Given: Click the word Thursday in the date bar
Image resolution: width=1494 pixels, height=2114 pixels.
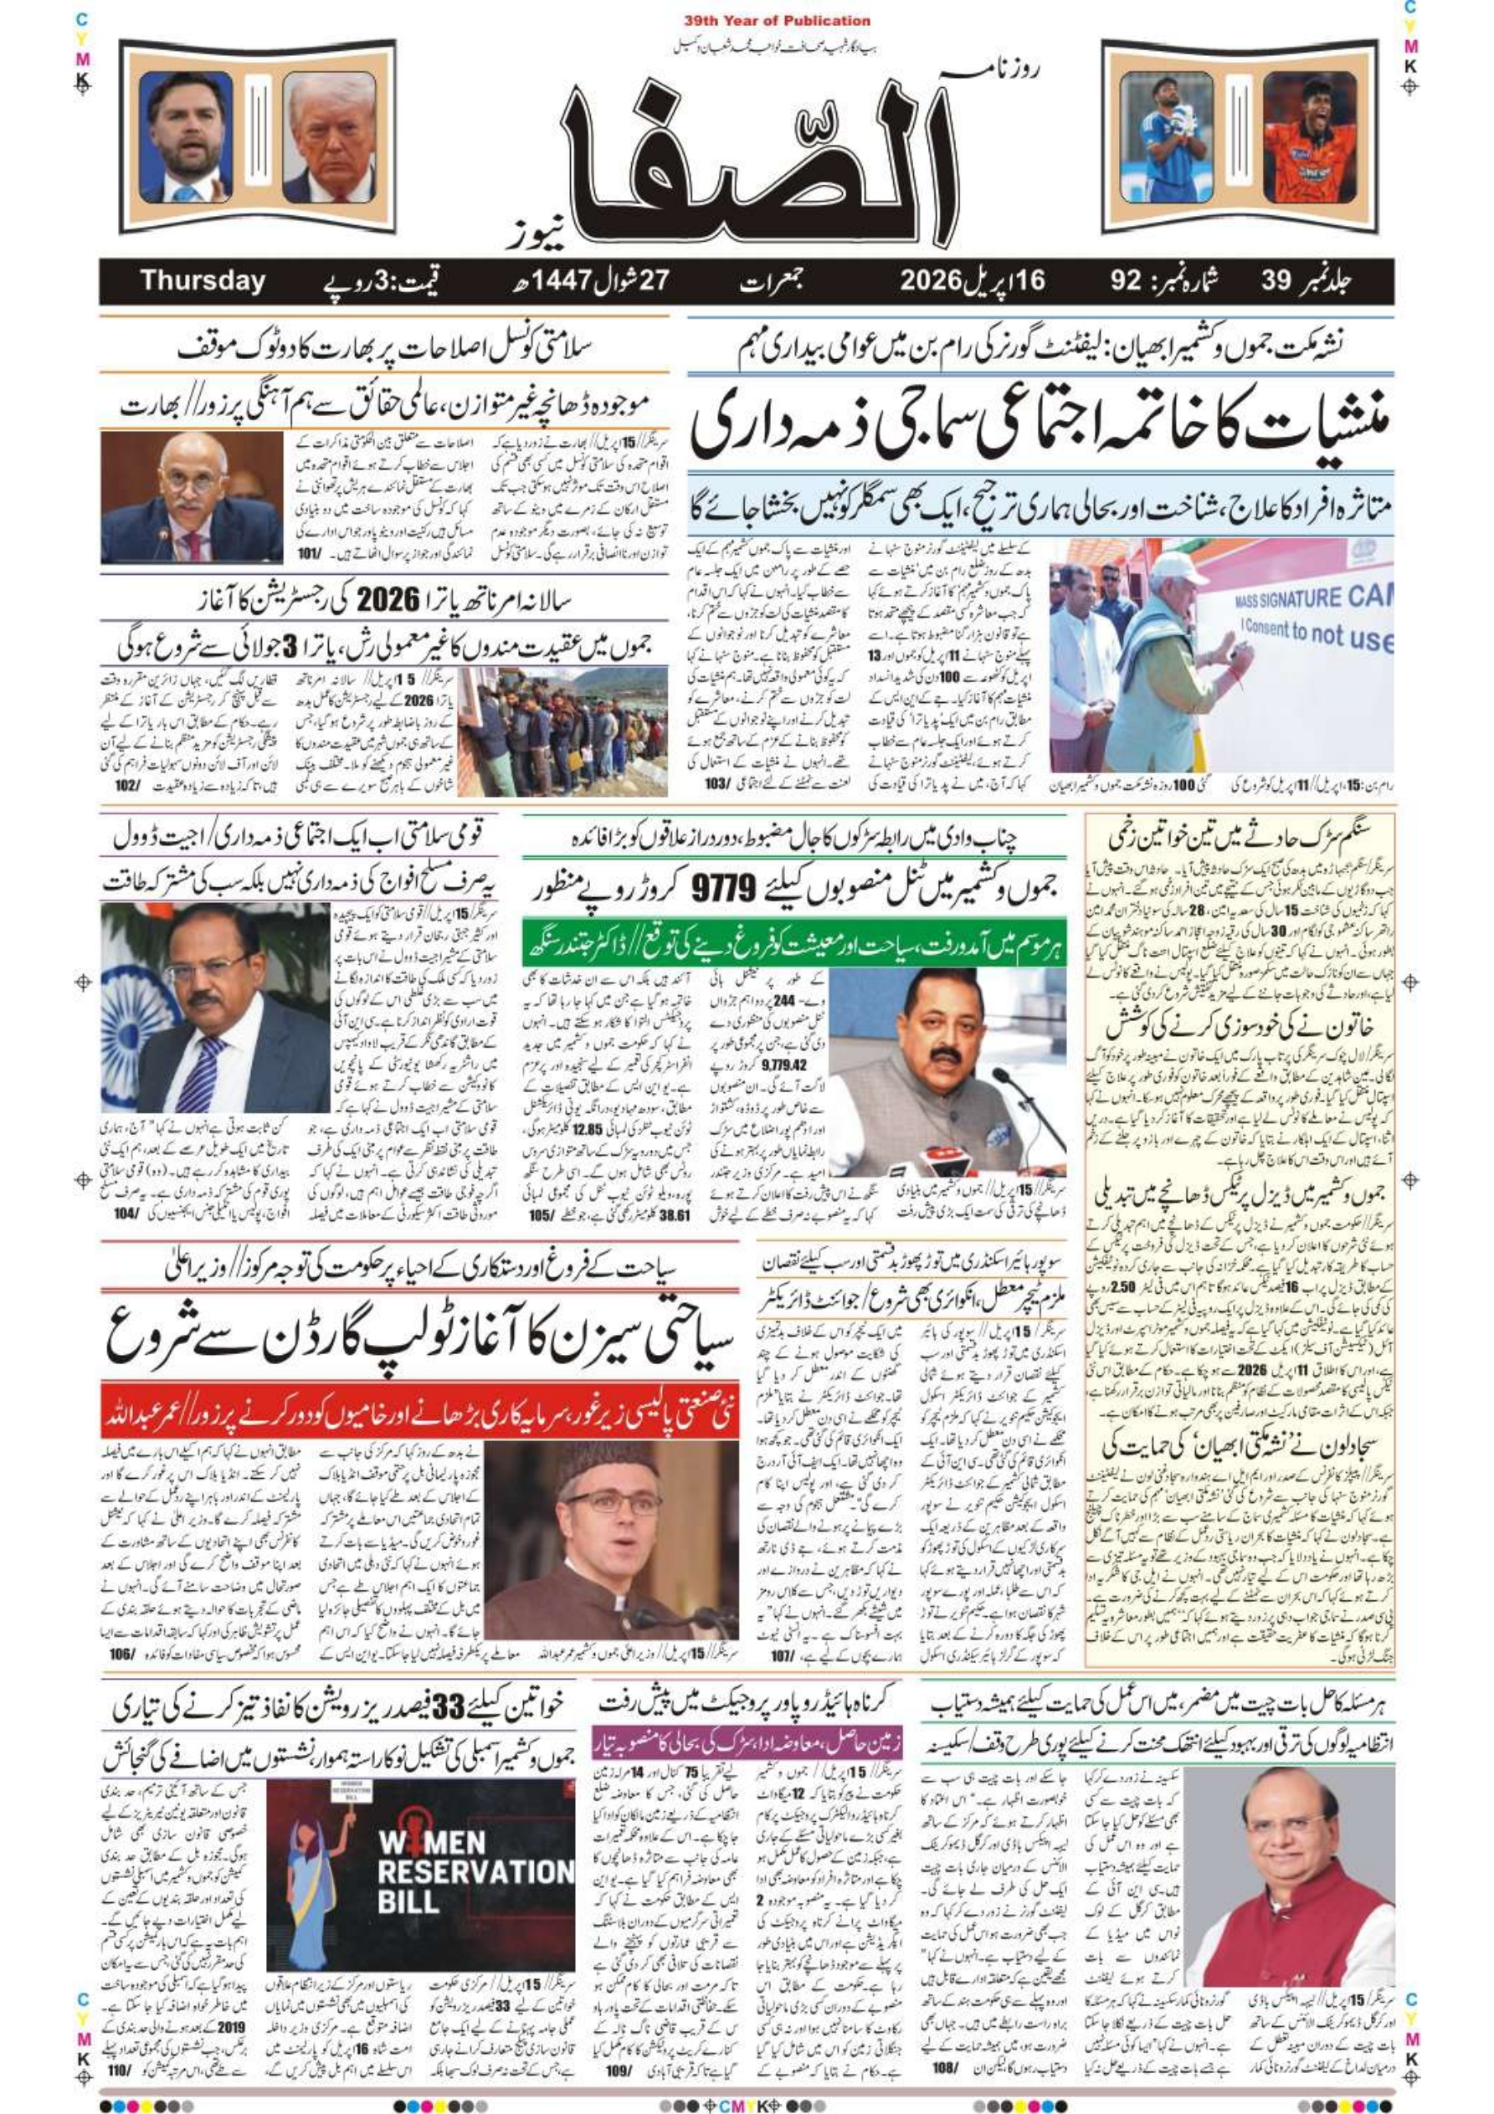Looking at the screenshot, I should tap(202, 281).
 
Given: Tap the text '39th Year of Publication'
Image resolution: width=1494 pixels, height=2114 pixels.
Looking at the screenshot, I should tap(777, 20).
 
